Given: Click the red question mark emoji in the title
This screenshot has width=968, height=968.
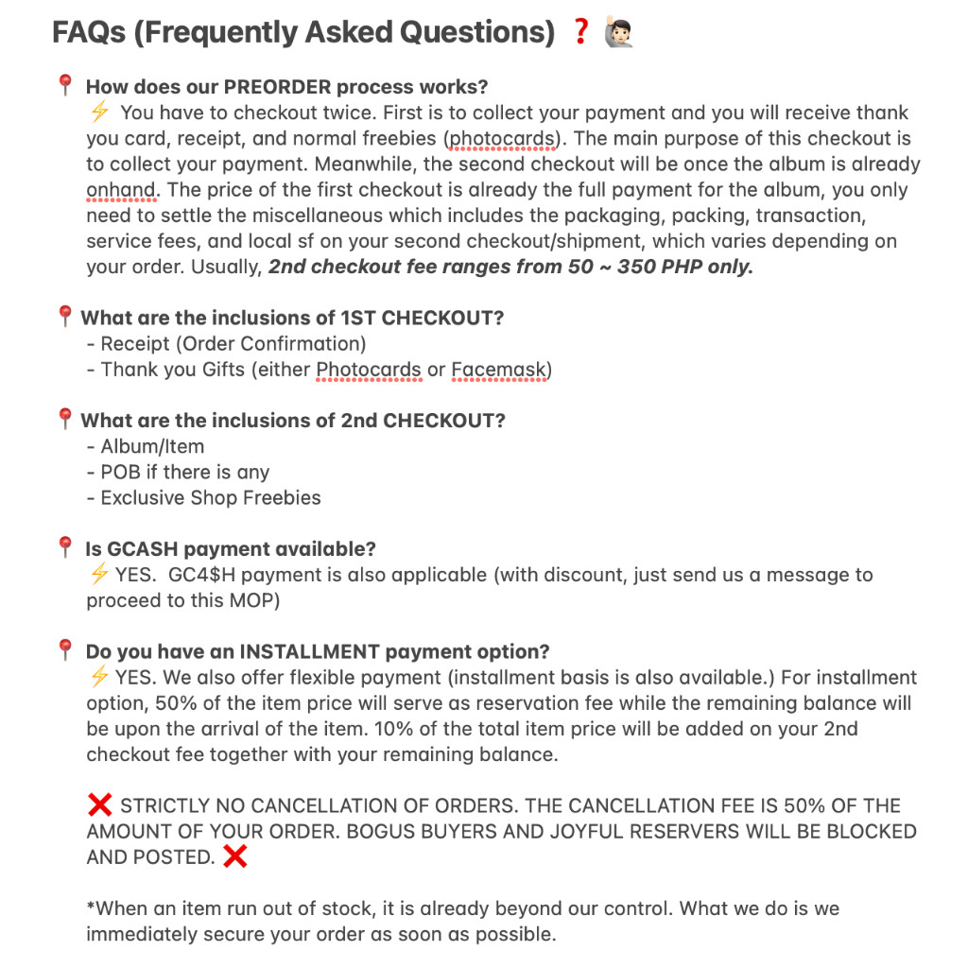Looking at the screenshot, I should (x=580, y=33).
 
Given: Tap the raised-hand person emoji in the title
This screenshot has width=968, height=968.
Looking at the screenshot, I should (x=617, y=33).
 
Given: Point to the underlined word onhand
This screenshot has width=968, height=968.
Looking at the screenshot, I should (x=120, y=189).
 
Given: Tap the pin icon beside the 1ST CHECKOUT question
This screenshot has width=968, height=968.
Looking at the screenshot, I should (x=65, y=317).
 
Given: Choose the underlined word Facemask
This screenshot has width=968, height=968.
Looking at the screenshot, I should (x=498, y=369).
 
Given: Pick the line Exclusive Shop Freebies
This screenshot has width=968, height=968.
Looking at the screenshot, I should (x=210, y=497).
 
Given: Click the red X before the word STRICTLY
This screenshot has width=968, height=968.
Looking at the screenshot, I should (x=99, y=805).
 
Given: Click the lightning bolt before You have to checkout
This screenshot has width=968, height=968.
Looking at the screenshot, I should (x=99, y=112).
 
